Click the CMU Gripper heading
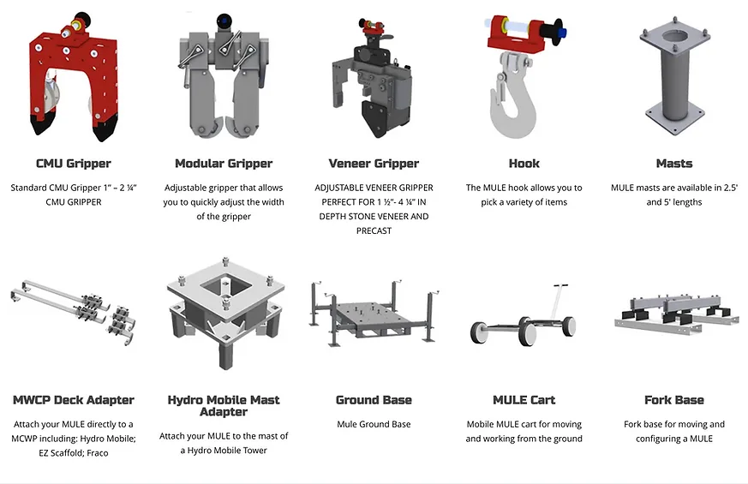coord(74,164)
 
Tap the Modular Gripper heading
coord(224,164)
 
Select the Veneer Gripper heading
coord(374,164)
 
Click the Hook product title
coord(524,164)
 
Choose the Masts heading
coord(674,164)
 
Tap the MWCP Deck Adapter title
coord(74,400)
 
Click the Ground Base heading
coord(374,400)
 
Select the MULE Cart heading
coord(524,400)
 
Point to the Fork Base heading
coord(674,400)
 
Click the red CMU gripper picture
coord(73,76)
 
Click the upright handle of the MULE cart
coord(556,302)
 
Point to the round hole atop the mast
coord(675,36)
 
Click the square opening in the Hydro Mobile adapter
coord(225,287)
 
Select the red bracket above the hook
coord(516,33)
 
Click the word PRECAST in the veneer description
coord(374,230)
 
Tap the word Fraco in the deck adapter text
coord(98,453)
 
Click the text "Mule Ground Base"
coord(374,424)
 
